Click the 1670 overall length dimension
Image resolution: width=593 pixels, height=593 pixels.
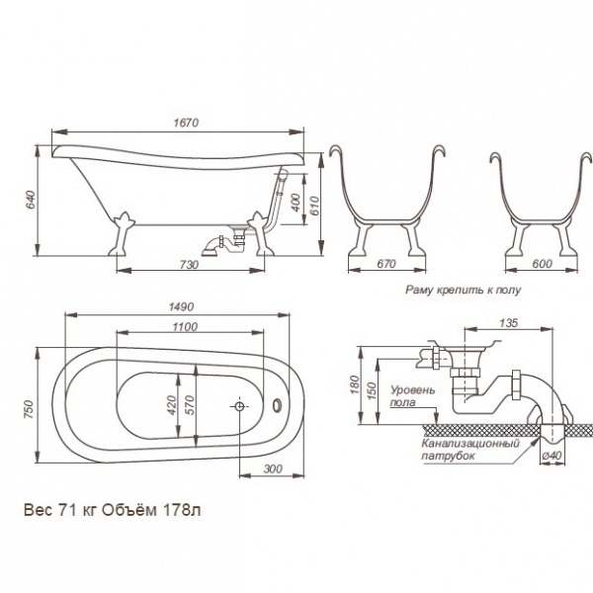click(x=186, y=123)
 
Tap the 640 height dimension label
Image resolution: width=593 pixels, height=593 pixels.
click(x=30, y=200)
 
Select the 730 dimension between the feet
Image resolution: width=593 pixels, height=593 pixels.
click(x=189, y=264)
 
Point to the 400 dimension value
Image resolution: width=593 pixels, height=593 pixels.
click(x=296, y=203)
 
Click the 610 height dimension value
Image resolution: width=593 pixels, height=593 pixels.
click(x=314, y=206)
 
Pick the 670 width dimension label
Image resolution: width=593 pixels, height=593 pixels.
click(x=385, y=263)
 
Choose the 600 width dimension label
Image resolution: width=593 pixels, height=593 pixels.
click(x=542, y=263)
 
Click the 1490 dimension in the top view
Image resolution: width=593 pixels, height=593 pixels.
click(x=181, y=306)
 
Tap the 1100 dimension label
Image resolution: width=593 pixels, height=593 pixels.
click(x=185, y=327)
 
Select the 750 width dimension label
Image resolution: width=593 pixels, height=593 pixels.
click(x=29, y=409)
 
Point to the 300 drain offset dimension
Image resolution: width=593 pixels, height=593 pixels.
click(x=273, y=468)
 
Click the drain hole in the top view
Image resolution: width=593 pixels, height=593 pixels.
click(x=239, y=406)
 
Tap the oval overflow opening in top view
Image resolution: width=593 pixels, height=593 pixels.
click(x=278, y=404)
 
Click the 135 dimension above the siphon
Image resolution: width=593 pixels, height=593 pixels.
click(x=508, y=322)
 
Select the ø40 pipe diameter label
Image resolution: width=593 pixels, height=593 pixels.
click(x=551, y=456)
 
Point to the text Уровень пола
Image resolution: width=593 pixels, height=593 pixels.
click(x=412, y=395)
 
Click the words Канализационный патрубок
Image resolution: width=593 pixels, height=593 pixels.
click(x=470, y=450)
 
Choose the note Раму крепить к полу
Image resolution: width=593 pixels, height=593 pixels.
click(x=463, y=290)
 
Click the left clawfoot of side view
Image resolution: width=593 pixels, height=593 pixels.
click(x=122, y=233)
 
